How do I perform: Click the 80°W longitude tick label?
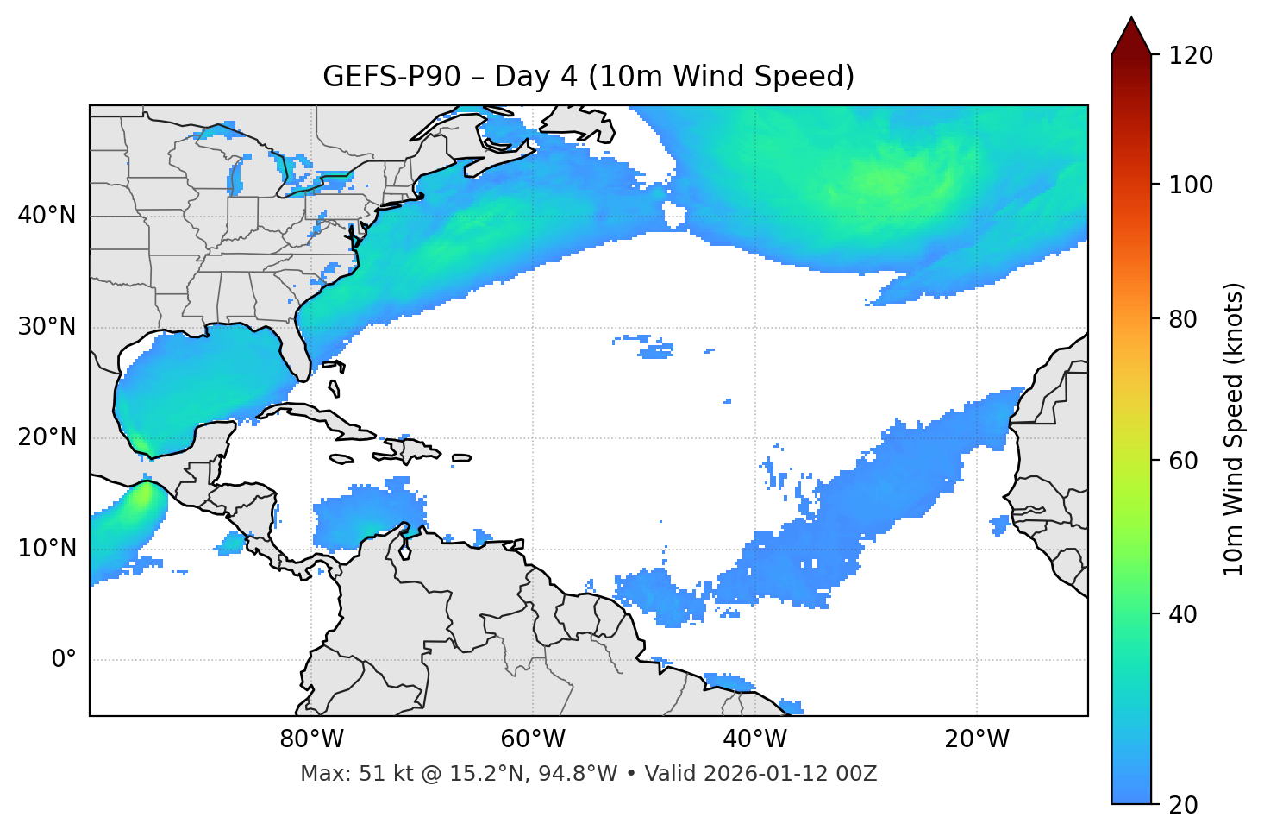pos(311,739)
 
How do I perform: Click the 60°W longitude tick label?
pos(533,739)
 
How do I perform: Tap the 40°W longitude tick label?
pos(754,739)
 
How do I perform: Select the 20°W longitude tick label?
pos(976,739)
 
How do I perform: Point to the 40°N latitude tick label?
pos(47,216)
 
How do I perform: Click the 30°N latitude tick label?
pos(47,327)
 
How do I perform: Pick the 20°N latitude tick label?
pos(47,437)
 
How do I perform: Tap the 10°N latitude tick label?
pos(47,549)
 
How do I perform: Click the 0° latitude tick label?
pos(64,660)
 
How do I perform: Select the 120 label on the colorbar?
pos(1191,55)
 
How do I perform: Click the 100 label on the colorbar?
pos(1191,185)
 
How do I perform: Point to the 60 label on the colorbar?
pos(1185,461)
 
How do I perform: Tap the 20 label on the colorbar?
pos(1185,805)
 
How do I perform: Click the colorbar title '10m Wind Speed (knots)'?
pos(1234,430)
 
